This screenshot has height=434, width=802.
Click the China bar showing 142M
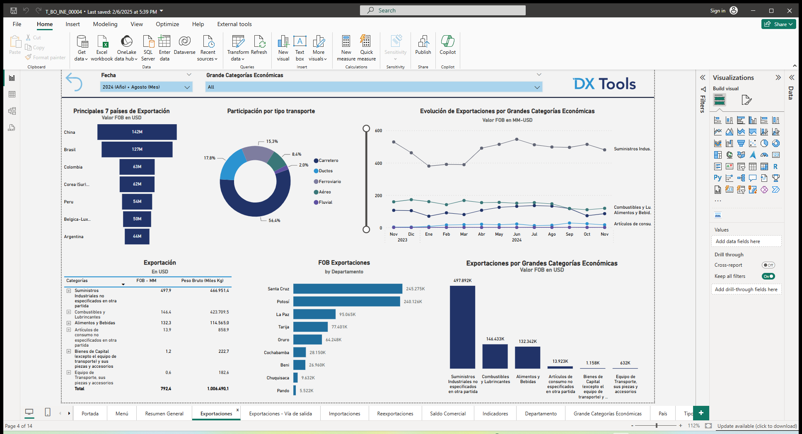pyautogui.click(x=137, y=132)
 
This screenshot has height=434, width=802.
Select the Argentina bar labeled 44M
pyautogui.click(x=137, y=236)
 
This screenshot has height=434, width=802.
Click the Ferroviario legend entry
pyautogui.click(x=330, y=181)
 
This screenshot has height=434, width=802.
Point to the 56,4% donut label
pyautogui.click(x=274, y=221)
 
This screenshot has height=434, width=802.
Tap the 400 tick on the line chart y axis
pyautogui.click(x=378, y=163)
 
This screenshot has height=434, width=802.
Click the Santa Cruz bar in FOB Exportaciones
pyautogui.click(x=347, y=289)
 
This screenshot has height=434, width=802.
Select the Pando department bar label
pyautogui.click(x=283, y=391)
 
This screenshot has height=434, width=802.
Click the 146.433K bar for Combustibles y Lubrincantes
pyautogui.click(x=495, y=357)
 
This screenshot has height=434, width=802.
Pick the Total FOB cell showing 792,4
pyautogui.click(x=166, y=389)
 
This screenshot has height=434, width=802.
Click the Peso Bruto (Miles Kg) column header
pyautogui.click(x=202, y=281)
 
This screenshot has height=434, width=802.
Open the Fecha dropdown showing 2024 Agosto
pyautogui.click(x=146, y=87)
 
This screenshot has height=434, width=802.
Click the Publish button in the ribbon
pyautogui.click(x=423, y=46)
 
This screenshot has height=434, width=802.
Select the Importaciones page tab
pyautogui.click(x=344, y=414)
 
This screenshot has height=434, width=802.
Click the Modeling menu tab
pyautogui.click(x=105, y=24)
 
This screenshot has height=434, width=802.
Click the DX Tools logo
pyautogui.click(x=604, y=84)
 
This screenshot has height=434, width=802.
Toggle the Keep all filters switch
pyautogui.click(x=768, y=276)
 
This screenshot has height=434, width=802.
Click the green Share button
pyautogui.click(x=778, y=24)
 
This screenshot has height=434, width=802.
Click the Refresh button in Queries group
pyautogui.click(x=259, y=46)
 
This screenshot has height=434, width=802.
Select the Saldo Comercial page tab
pyautogui.click(x=447, y=414)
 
